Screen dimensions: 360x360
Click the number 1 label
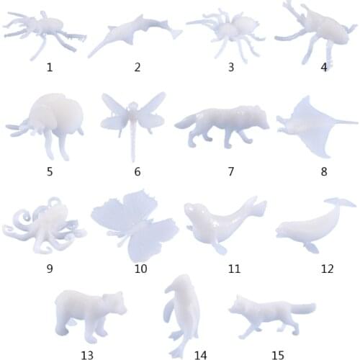click(x=49, y=67)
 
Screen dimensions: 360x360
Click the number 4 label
click(x=324, y=67)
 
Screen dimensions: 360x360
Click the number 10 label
click(x=140, y=269)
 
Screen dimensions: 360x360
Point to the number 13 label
click(x=87, y=354)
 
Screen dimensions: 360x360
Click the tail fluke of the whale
click(x=338, y=204)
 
